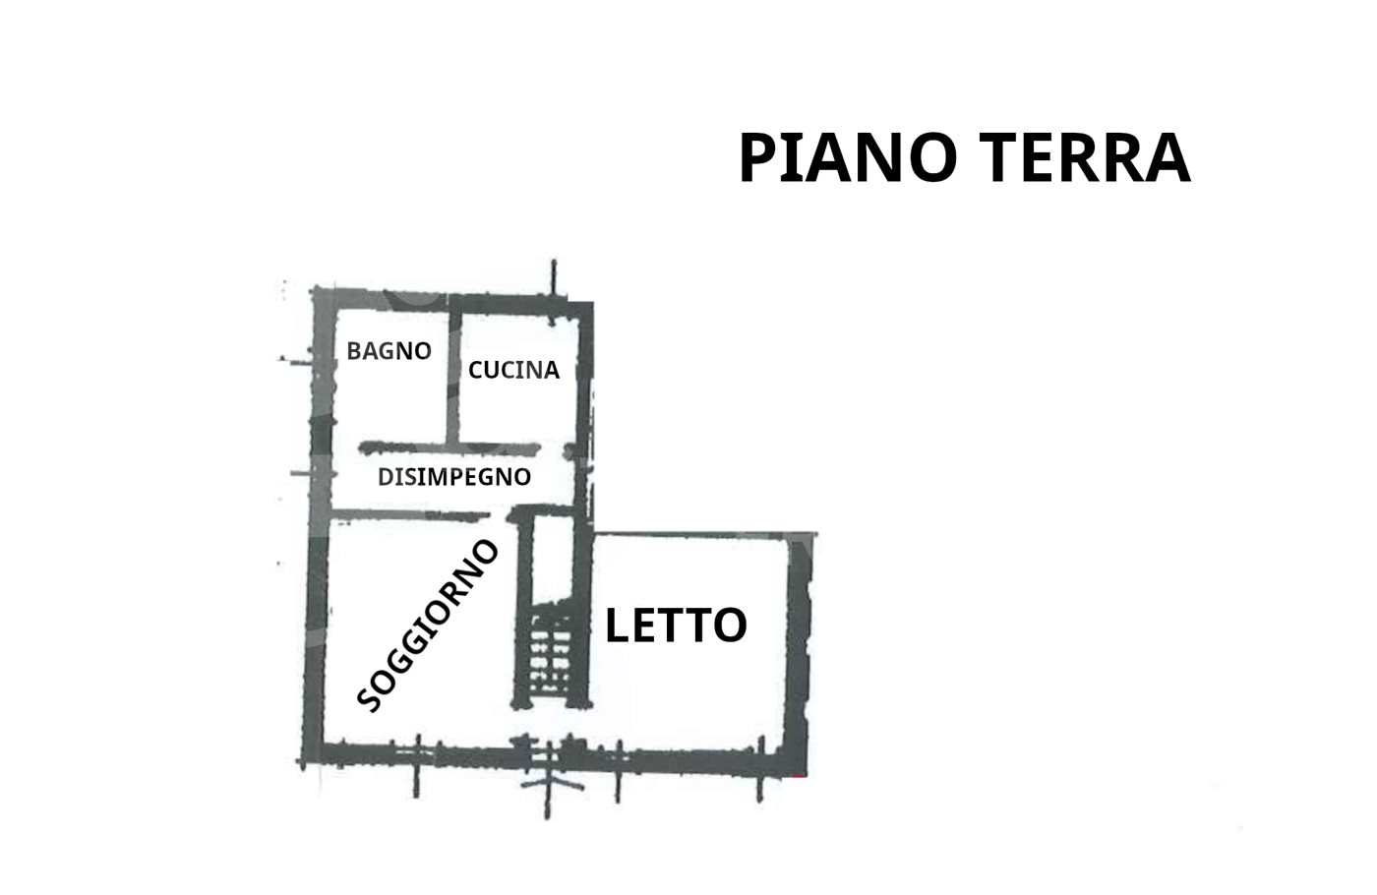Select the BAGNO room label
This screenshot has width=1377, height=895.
click(x=389, y=351)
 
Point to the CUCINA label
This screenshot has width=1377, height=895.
click(x=513, y=370)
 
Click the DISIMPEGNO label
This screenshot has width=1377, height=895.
click(x=454, y=477)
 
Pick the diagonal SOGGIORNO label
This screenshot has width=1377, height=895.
click(x=427, y=626)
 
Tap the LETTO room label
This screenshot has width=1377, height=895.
click(x=677, y=626)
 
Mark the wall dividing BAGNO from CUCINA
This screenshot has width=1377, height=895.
click(x=454, y=372)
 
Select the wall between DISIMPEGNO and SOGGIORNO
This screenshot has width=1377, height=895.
click(x=411, y=513)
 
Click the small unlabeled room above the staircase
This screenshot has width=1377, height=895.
click(x=553, y=560)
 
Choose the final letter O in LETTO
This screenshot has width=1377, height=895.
click(x=730, y=626)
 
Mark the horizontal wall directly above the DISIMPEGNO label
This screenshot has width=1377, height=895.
click(x=449, y=448)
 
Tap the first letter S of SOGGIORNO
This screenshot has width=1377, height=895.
click(x=369, y=700)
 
